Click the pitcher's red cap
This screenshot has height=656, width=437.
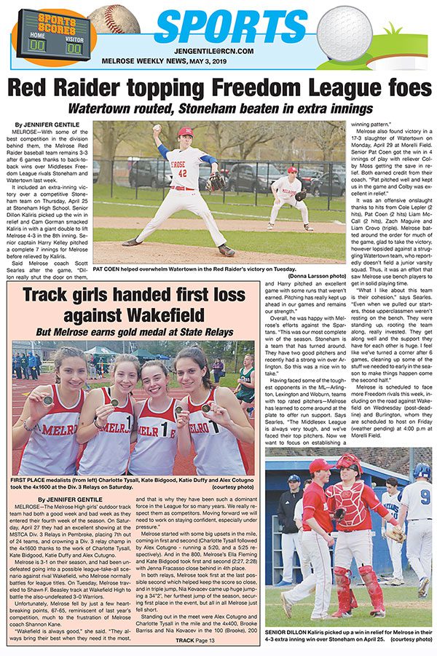185,132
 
